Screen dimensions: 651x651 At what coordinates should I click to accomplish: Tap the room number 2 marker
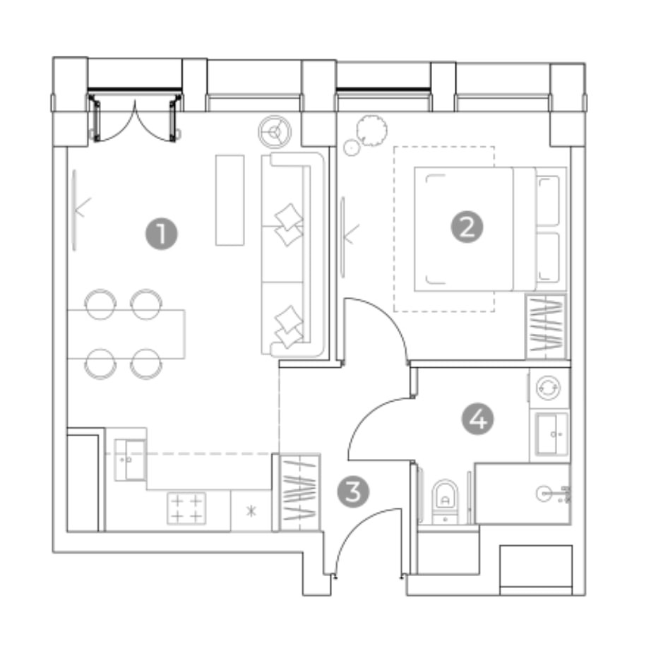[x=467, y=227]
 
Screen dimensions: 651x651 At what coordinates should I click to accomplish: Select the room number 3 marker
[x=353, y=492]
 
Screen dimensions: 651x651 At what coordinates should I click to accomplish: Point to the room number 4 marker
[x=478, y=419]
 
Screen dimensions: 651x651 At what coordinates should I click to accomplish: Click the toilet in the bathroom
[x=445, y=501]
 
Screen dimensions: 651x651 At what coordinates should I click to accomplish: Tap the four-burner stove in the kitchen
[x=186, y=508]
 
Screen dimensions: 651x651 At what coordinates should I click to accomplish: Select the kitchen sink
[x=130, y=460]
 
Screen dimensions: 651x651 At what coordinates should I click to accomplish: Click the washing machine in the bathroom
[x=549, y=388]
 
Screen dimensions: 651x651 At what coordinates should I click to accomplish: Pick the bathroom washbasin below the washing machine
[x=551, y=434]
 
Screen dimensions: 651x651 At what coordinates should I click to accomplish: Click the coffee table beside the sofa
[x=229, y=200]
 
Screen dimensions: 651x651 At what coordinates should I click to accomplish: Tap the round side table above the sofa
[x=275, y=132]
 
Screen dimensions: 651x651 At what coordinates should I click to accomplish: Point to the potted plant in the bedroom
[x=372, y=131]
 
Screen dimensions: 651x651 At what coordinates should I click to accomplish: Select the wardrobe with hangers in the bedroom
[x=546, y=327]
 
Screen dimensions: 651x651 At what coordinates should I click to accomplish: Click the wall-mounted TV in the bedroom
[x=343, y=237]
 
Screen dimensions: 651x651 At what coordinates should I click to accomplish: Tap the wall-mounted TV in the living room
[x=75, y=210]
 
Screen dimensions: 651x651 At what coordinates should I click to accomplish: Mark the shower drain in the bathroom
[x=544, y=494]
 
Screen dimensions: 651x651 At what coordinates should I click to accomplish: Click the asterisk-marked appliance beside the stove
[x=251, y=510]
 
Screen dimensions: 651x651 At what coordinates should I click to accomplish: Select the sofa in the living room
[x=292, y=254]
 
